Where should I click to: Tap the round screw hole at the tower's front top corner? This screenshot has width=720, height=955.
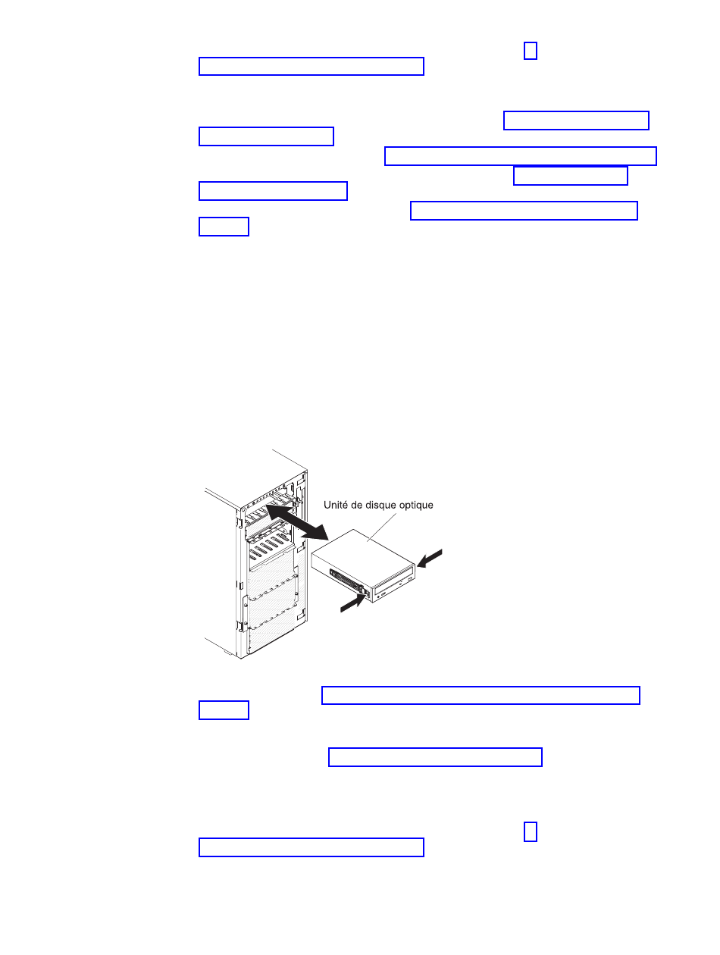pos(245,507)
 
